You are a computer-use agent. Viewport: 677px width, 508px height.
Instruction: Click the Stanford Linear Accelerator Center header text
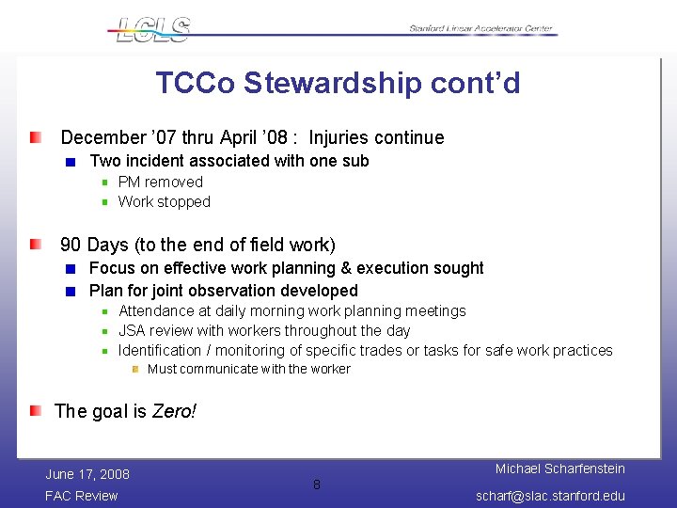point(482,29)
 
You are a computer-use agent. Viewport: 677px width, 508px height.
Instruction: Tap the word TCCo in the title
point(196,84)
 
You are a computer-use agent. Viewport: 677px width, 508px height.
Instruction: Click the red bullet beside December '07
point(35,138)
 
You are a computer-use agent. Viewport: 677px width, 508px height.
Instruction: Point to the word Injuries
point(341,138)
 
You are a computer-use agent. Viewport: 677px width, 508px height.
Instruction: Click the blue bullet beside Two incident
point(71,162)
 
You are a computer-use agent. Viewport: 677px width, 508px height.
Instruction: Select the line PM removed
point(160,182)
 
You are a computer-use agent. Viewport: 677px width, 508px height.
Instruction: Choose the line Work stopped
point(164,201)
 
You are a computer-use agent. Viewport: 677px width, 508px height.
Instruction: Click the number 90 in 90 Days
point(71,246)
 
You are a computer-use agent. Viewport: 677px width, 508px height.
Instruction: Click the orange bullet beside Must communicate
point(135,369)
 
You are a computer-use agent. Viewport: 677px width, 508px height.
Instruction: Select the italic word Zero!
point(174,411)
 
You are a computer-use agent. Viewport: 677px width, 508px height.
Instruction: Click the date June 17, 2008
point(87,473)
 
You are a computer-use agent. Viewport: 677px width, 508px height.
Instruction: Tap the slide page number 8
point(317,484)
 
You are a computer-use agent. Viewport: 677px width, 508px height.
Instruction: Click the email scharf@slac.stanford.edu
point(550,496)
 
